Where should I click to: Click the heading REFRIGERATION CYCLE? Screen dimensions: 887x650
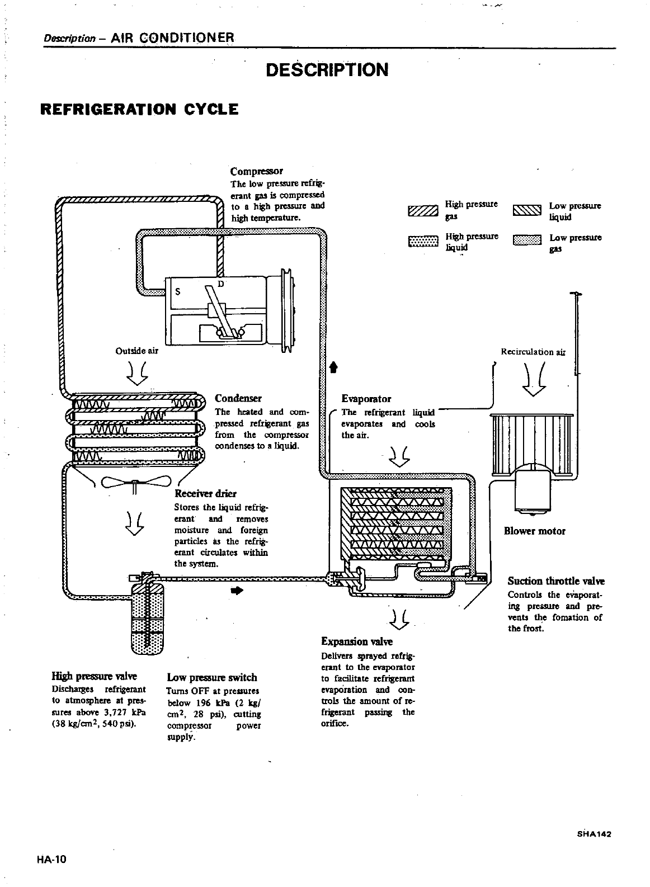tap(140, 108)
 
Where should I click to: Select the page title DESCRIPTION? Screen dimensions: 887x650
tap(327, 70)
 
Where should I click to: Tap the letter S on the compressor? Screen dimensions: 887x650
tap(177, 291)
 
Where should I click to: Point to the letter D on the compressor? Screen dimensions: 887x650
tap(220, 284)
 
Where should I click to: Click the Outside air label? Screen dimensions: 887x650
tap(136, 351)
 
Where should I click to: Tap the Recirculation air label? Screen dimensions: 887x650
tap(533, 352)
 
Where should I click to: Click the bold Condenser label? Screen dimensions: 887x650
tap(238, 398)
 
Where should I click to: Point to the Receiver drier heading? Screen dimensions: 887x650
tap(205, 493)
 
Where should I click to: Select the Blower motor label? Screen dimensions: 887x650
tap(534, 531)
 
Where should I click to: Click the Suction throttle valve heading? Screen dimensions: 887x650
tap(556, 581)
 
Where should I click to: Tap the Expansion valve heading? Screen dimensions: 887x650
tap(357, 641)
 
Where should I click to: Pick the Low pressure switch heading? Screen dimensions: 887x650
tap(212, 677)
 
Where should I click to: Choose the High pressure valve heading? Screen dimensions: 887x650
tap(94, 676)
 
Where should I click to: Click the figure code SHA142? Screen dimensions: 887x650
tap(593, 833)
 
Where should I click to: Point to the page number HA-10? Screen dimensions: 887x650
tap(53, 860)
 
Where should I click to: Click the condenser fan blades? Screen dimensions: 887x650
tap(135, 483)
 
